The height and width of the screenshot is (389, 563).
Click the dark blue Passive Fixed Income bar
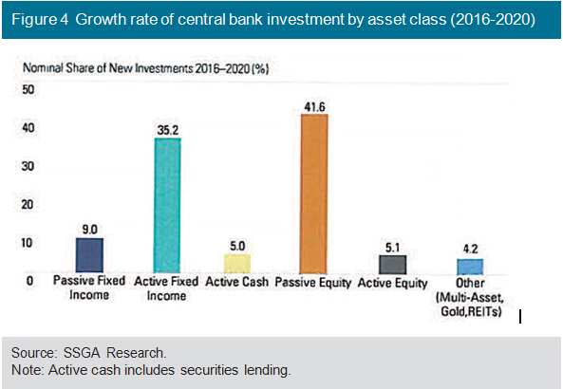[89, 255]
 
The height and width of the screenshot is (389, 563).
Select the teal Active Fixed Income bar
[167, 205]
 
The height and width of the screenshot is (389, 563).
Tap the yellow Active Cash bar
[237, 264]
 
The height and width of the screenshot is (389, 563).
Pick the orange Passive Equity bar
[314, 194]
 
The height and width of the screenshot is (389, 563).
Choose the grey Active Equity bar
[393, 265]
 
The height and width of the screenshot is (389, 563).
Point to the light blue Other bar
[470, 267]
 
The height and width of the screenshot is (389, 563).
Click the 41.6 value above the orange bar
[314, 107]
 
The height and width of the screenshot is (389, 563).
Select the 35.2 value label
[168, 130]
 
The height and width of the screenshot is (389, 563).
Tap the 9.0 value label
[90, 230]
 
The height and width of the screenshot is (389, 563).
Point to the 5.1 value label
[392, 248]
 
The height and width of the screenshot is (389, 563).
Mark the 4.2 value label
[470, 249]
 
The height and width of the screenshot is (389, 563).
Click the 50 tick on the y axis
[28, 89]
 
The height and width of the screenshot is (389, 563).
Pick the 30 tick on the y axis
[28, 166]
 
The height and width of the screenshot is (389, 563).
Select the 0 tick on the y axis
[29, 281]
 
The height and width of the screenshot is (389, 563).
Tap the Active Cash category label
[237, 282]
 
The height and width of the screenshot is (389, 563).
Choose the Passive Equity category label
[313, 283]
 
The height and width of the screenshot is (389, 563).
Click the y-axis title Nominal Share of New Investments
[146, 68]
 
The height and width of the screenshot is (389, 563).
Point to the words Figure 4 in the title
[40, 19]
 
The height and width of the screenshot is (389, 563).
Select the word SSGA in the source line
[82, 353]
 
